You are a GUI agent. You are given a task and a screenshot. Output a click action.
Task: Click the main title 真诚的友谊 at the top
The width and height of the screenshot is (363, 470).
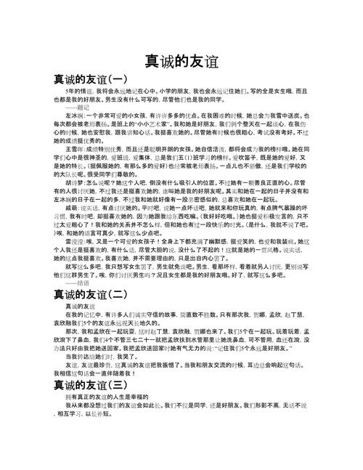pos(181,61)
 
